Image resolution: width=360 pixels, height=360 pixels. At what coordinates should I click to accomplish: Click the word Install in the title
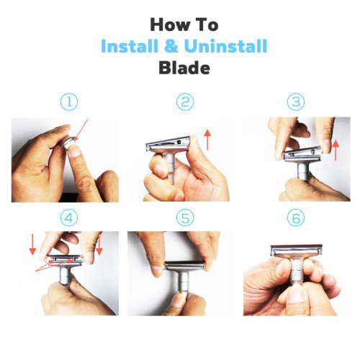(130, 45)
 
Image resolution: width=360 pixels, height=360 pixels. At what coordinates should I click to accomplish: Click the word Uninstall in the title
(226, 45)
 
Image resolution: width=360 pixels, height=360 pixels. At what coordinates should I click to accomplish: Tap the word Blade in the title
(184, 68)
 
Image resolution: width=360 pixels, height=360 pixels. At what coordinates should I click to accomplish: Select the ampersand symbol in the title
(171, 45)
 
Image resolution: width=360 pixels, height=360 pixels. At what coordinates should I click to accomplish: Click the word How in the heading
(167, 24)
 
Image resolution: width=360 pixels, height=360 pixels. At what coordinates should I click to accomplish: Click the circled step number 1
(69, 102)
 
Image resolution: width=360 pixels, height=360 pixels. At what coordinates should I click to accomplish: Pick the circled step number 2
(185, 102)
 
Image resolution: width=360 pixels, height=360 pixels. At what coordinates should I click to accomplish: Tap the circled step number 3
(296, 102)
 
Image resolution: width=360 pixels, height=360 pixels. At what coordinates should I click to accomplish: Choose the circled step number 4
(69, 217)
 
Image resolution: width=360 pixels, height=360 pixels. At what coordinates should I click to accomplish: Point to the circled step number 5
(185, 217)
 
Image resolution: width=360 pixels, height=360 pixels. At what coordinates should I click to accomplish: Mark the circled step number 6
(296, 217)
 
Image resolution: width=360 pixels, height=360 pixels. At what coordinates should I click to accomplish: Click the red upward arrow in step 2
(207, 139)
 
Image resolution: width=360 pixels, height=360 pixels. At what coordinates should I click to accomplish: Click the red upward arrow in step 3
(336, 150)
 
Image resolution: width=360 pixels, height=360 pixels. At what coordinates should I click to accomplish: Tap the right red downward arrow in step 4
(99, 245)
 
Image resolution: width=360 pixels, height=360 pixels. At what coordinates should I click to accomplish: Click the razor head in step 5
(185, 266)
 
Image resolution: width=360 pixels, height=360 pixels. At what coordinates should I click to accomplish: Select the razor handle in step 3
(302, 171)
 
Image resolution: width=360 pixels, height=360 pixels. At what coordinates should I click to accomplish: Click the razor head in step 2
(168, 144)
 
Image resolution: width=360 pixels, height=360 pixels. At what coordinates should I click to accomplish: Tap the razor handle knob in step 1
(68, 143)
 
